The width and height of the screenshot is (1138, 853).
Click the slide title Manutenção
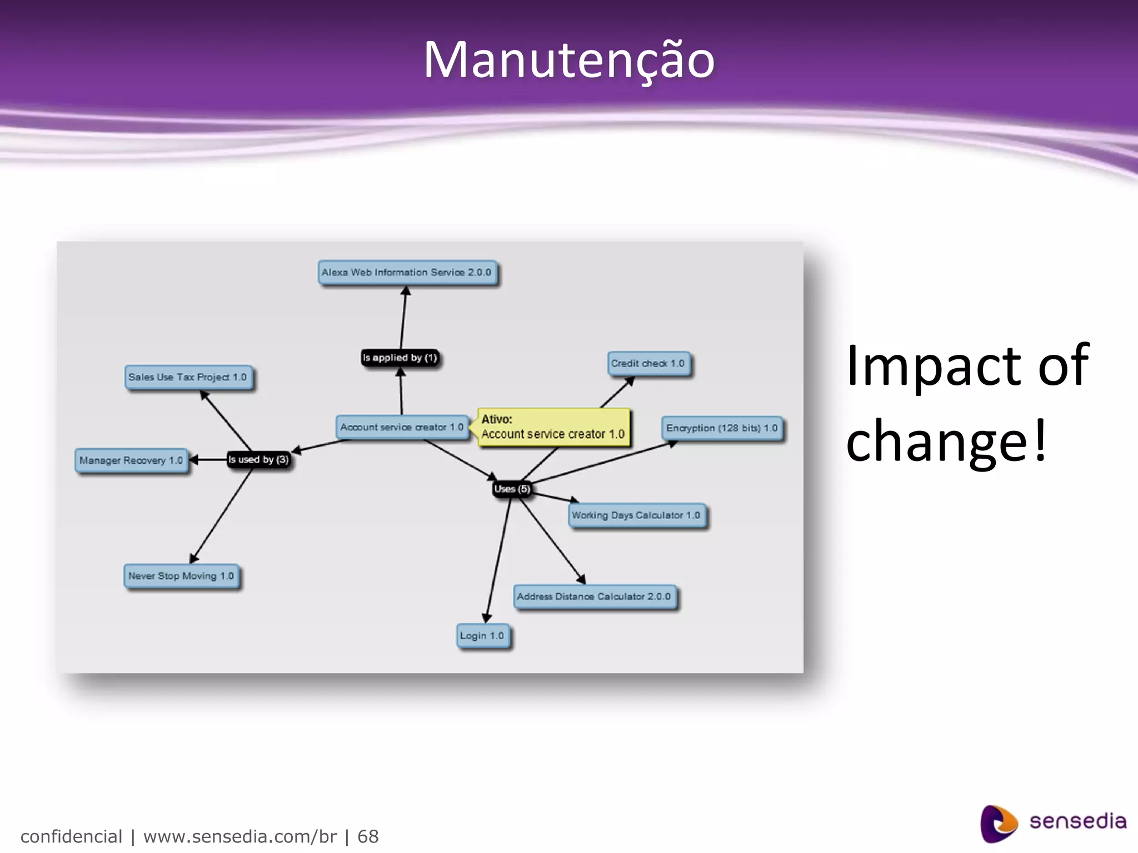click(x=569, y=60)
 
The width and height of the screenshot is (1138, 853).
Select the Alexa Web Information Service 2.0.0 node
click(x=407, y=273)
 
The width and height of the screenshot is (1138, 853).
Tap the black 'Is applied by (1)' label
click(x=400, y=358)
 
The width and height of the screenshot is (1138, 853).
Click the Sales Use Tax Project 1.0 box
click(x=188, y=377)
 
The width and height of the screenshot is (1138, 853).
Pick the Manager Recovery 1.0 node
click(x=131, y=460)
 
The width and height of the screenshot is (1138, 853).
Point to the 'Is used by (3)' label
click(x=258, y=460)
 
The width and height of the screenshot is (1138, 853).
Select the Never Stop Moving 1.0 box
click(x=181, y=576)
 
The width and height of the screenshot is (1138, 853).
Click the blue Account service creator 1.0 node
click(x=402, y=427)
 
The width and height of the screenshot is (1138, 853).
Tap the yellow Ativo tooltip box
click(x=553, y=427)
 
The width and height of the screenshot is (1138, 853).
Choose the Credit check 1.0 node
click(x=648, y=364)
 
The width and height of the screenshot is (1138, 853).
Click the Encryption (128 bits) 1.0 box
click(x=722, y=428)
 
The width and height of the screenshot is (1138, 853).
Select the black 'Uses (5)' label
click(x=512, y=489)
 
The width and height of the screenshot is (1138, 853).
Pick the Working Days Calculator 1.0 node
click(x=636, y=515)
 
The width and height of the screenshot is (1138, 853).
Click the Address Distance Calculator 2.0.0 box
click(x=594, y=596)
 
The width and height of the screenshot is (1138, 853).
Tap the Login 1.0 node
click(x=482, y=636)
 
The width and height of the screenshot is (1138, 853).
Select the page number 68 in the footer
click(x=368, y=836)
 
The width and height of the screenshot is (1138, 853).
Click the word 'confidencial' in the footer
click(x=71, y=836)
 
